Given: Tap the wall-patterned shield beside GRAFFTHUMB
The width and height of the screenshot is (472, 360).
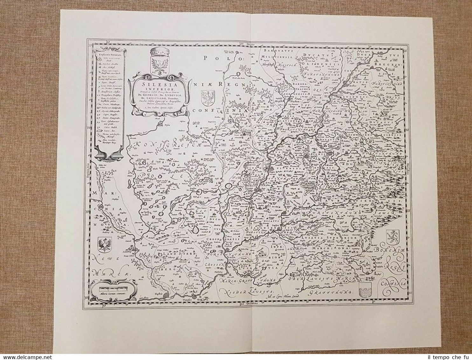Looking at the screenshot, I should (364, 290).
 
